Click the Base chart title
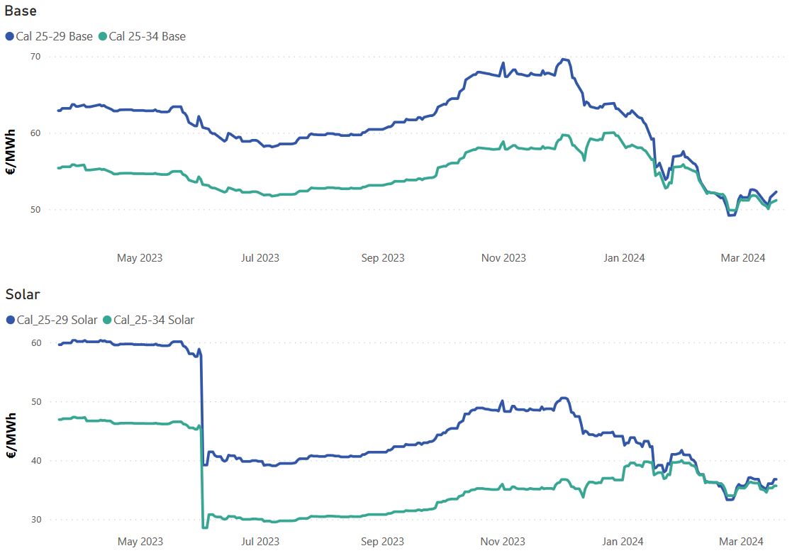pyautogui.click(x=21, y=11)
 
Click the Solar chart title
pyautogui.click(x=23, y=294)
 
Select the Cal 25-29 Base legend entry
pyautogui.click(x=50, y=36)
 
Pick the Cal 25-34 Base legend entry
pyautogui.click(x=143, y=36)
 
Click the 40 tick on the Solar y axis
pyautogui.click(x=35, y=460)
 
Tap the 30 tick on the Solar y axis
pyautogui.click(x=35, y=519)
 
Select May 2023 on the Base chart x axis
pyautogui.click(x=140, y=257)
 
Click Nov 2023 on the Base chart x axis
pyautogui.click(x=503, y=257)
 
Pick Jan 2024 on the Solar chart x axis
pyautogui.click(x=624, y=541)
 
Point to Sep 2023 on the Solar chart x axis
pyautogui.click(x=382, y=541)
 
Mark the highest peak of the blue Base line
pyautogui.click(x=563, y=60)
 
